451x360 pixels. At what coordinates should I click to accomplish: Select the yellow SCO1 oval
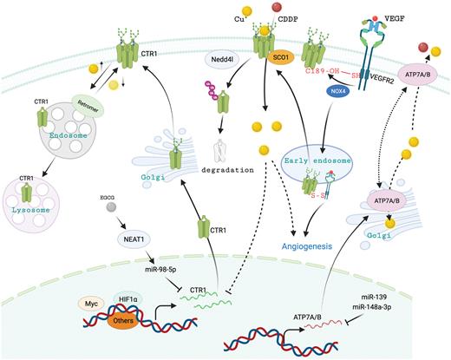click(x=279, y=71)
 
